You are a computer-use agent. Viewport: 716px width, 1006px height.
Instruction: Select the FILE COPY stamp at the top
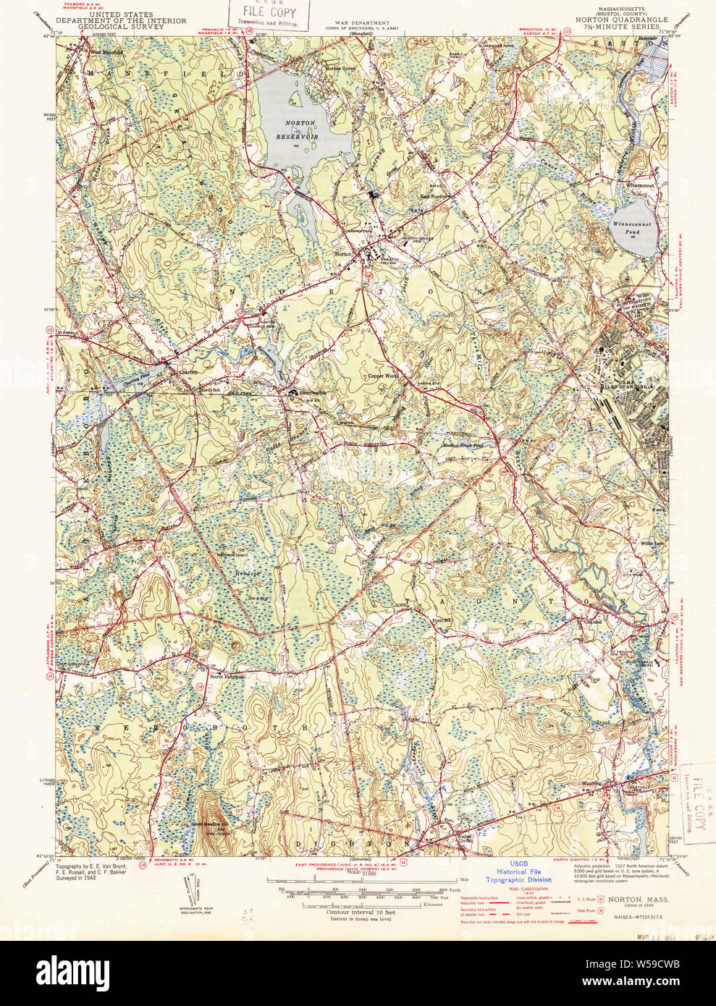coord(269,14)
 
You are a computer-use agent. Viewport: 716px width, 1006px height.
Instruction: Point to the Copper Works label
coord(383,376)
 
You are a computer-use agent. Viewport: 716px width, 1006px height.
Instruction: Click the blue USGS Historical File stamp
coord(518,872)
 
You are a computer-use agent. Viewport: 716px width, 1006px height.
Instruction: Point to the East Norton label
coord(435,196)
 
